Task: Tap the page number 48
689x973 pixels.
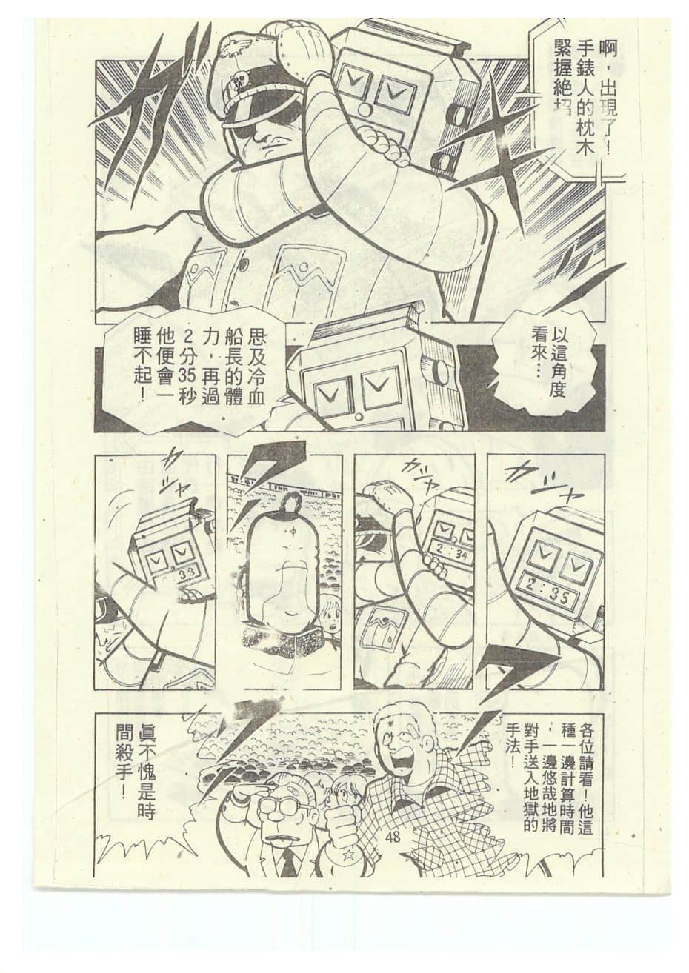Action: tap(393, 837)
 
